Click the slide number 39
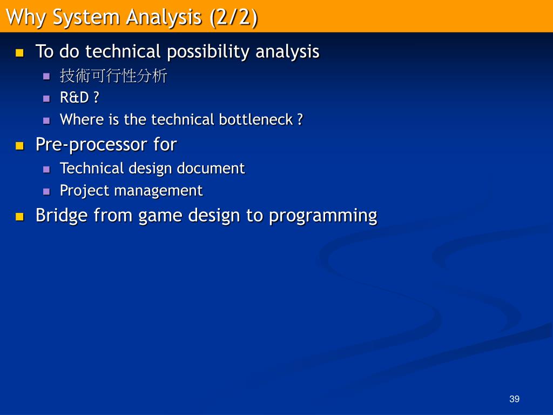(x=514, y=399)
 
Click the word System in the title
(x=86, y=17)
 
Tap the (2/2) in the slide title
(x=233, y=17)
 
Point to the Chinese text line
(x=113, y=76)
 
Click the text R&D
(x=75, y=97)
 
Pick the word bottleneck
(x=255, y=119)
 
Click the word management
(x=158, y=191)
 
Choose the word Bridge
(x=62, y=215)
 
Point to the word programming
(x=323, y=216)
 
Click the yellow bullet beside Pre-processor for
(x=19, y=146)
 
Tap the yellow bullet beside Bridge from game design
(x=19, y=217)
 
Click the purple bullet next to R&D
(x=46, y=98)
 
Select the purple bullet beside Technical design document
(x=46, y=169)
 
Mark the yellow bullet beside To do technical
(x=19, y=53)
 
